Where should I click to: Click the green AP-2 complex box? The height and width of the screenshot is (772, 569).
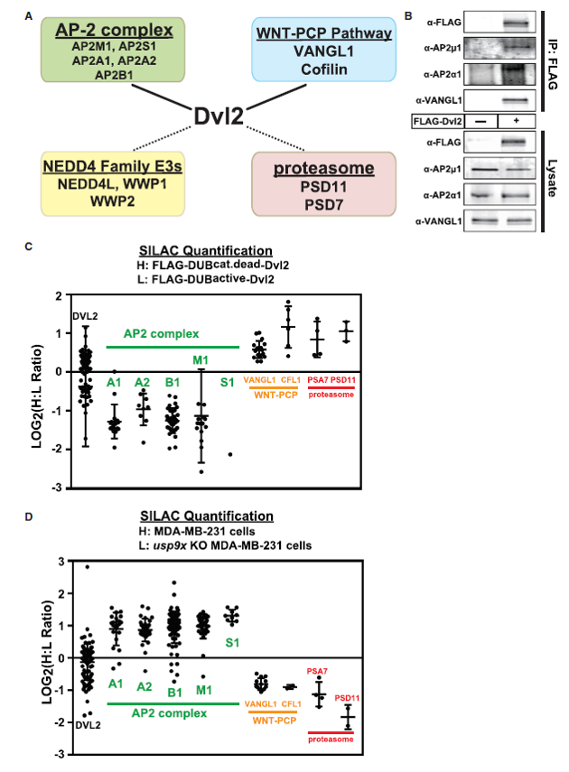pos(113,50)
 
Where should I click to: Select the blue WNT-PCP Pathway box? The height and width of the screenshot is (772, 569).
pos(323,50)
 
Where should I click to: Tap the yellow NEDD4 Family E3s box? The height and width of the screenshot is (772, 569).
pos(113,183)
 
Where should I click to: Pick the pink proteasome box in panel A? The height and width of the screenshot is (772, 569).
pos(323,183)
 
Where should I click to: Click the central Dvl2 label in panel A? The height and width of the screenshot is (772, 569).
pos(219,116)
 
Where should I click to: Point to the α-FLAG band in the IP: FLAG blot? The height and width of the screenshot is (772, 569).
pos(516,23)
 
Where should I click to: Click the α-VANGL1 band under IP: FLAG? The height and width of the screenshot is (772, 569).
pos(516,100)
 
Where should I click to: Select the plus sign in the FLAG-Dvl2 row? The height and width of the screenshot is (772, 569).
pos(517,121)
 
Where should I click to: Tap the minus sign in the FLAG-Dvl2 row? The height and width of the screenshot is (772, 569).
pos(480,121)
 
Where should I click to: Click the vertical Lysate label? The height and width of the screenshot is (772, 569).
pos(552,178)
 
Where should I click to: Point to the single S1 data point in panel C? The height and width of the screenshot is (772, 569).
pos(230,454)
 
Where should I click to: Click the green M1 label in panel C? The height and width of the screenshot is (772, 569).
pos(201,360)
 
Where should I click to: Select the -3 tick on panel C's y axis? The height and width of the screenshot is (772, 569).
pos(59,488)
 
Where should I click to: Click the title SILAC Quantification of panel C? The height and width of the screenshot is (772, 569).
pos(205,251)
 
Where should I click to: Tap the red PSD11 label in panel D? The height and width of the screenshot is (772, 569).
pos(347,698)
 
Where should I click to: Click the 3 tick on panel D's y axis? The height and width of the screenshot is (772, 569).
pos(61,562)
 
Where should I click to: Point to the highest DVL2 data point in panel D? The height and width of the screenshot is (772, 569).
pos(88,567)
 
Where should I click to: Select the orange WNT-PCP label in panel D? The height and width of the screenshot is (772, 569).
pos(275,721)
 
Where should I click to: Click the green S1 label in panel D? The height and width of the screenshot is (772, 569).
pos(232,643)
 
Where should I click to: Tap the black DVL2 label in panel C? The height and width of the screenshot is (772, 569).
pos(85,316)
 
